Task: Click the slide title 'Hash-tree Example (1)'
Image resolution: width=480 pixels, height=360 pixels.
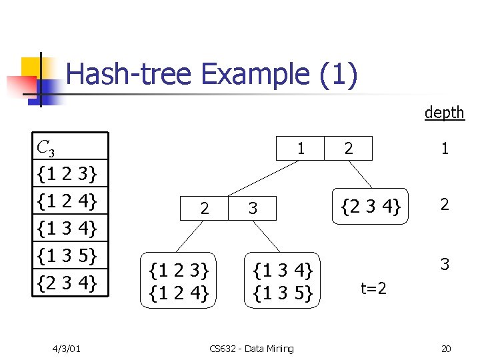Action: click(x=212, y=74)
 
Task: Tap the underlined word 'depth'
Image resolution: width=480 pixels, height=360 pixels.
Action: click(x=444, y=113)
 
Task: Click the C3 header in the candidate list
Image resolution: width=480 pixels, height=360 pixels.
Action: click(x=47, y=147)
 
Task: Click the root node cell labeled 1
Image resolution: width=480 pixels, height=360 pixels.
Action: click(x=301, y=149)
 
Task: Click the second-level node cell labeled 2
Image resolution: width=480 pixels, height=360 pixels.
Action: click(x=205, y=209)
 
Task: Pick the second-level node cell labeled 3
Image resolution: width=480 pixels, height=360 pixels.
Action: click(x=253, y=209)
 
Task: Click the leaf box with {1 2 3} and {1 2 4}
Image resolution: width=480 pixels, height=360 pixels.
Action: click(x=179, y=281)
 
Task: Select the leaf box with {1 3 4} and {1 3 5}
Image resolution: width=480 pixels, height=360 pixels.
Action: click(x=283, y=281)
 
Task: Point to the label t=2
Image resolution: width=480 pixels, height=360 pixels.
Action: click(x=374, y=288)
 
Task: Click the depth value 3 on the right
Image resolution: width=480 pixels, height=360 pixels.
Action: click(x=444, y=264)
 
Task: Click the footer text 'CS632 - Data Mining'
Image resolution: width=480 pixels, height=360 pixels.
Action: click(x=251, y=349)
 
